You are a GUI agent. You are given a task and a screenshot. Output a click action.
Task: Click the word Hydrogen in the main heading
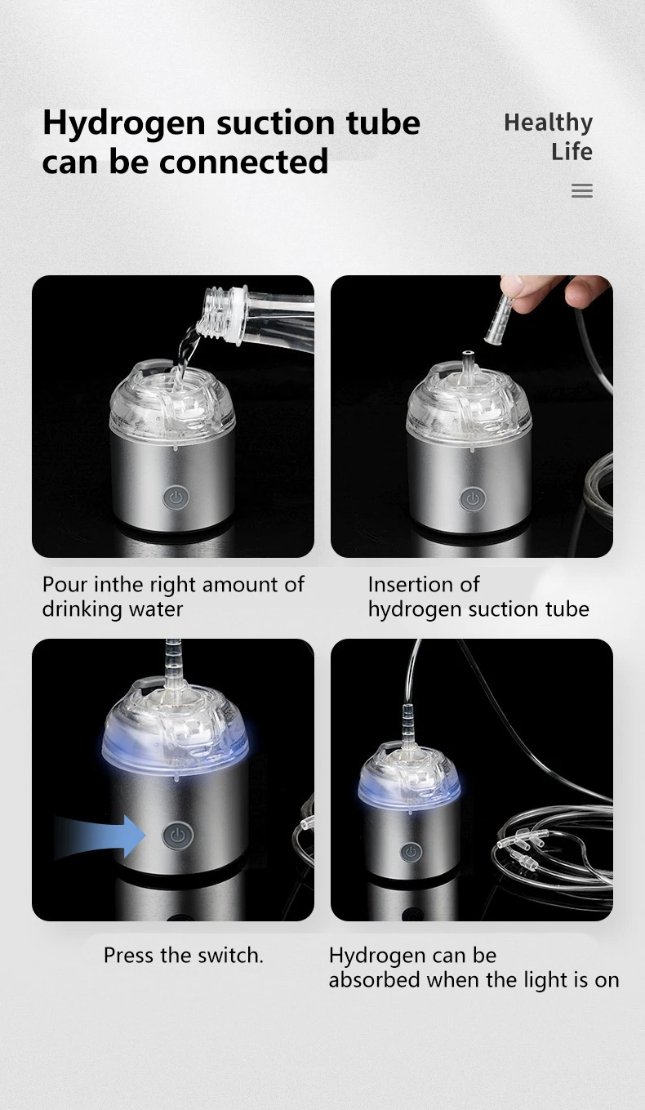coord(123,123)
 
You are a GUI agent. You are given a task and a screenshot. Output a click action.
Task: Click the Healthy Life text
coord(549,136)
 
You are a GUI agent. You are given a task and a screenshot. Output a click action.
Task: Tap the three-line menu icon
coord(581,191)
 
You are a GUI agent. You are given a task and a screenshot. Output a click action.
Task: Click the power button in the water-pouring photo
coord(175,497)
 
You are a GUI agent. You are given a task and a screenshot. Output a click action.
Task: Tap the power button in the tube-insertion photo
coord(471,498)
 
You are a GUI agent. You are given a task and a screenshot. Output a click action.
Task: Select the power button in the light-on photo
coord(411,853)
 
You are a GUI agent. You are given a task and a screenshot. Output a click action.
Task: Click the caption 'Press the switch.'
coord(184,955)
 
